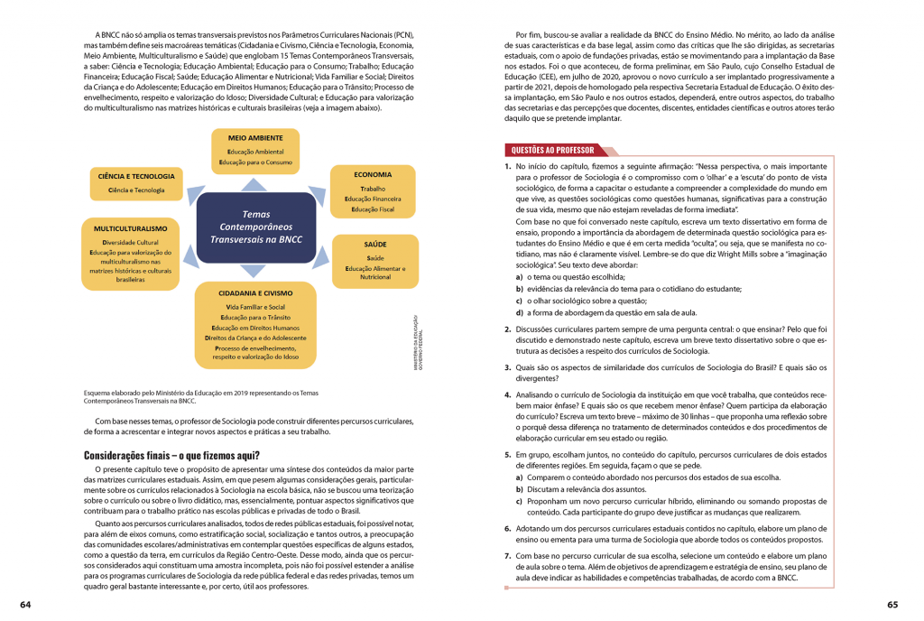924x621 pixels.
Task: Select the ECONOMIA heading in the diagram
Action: pyautogui.click(x=373, y=175)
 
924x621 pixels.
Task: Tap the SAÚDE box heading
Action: pyautogui.click(x=375, y=245)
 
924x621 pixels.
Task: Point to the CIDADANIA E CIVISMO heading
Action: pyautogui.click(x=255, y=293)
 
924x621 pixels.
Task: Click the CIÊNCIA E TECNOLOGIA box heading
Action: pyautogui.click(x=136, y=176)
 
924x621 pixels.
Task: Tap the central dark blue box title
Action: pyautogui.click(x=256, y=227)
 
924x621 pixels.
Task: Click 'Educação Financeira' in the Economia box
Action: pyautogui.click(x=373, y=199)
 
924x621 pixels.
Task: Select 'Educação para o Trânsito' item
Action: pyautogui.click(x=255, y=317)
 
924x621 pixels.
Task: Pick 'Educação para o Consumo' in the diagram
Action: pyautogui.click(x=255, y=162)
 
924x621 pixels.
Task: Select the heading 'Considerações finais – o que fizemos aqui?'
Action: pyautogui.click(x=171, y=455)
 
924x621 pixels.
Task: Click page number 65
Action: pyautogui.click(x=892, y=604)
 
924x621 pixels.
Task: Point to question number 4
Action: pyautogui.click(x=508, y=394)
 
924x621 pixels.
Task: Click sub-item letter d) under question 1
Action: pyautogui.click(x=519, y=312)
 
